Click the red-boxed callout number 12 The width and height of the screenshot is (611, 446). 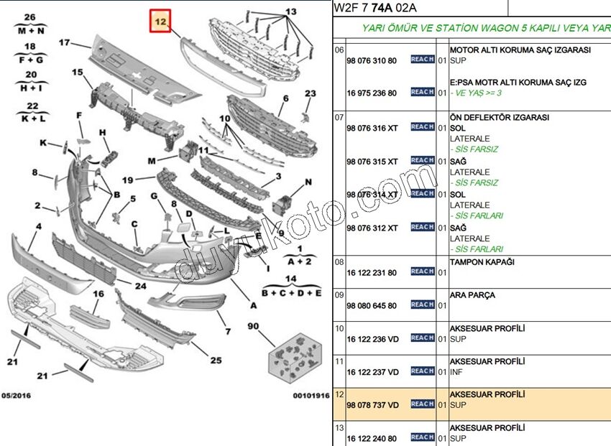tap(160, 22)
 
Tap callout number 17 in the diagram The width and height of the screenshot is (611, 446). tap(64, 42)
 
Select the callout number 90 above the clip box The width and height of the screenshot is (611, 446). tap(253, 326)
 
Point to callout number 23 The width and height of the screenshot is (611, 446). tap(311, 93)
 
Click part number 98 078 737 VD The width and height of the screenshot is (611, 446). tap(373, 405)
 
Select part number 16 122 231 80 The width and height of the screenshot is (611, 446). tap(372, 273)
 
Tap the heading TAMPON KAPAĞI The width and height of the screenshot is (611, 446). tap(482, 262)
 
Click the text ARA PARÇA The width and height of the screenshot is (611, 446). tap(472, 295)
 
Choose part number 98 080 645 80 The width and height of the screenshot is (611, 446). tap(372, 306)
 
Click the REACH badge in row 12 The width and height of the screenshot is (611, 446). tap(423, 404)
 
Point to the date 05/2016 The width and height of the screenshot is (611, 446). tap(16, 396)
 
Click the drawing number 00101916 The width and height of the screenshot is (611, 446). tap(311, 396)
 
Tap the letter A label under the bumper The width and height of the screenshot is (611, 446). tap(254, 306)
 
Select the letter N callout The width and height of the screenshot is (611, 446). tap(308, 182)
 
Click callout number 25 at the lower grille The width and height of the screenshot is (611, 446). tap(216, 361)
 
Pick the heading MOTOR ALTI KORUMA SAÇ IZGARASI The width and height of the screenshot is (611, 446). tap(520, 50)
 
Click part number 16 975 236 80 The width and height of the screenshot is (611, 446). tap(372, 93)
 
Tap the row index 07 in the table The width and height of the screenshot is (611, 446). tap(339, 117)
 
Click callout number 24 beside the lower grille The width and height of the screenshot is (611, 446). tap(141, 286)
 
